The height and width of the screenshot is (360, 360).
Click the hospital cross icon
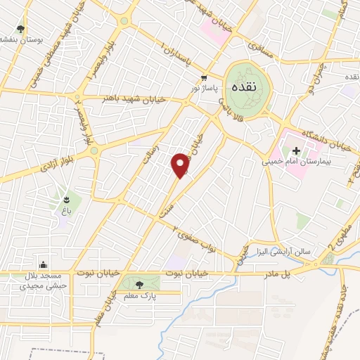coord(297,150)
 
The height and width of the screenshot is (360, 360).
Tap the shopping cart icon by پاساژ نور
coord(203,78)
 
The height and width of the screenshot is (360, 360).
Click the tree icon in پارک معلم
coord(139,285)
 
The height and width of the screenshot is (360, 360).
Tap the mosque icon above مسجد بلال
coord(44,265)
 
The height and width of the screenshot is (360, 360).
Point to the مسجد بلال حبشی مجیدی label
coord(44,281)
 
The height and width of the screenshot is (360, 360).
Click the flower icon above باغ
coord(67,190)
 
